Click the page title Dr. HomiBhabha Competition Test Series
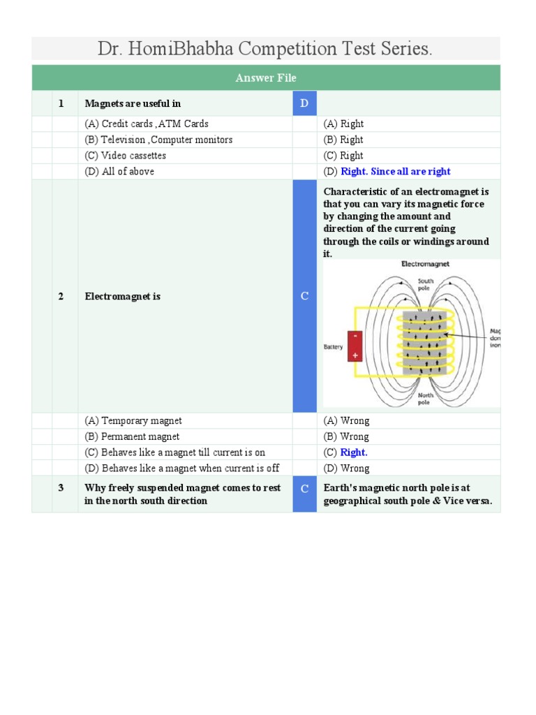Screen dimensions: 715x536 (x=265, y=49)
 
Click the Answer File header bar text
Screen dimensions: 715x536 (x=265, y=78)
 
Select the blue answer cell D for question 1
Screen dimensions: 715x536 (x=304, y=103)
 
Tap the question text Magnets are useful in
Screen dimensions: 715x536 (x=133, y=103)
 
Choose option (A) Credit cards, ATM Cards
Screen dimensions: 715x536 (x=147, y=124)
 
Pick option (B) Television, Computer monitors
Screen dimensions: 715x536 (x=158, y=140)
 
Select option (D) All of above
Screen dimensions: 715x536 (x=119, y=171)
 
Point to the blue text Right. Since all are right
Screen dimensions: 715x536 (x=395, y=171)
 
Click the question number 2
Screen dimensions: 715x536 (x=61, y=296)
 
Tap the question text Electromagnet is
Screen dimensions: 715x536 (x=123, y=296)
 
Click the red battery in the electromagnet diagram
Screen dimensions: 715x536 (x=355, y=346)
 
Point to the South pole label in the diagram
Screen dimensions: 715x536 (x=426, y=284)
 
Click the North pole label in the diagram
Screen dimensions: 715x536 (x=426, y=399)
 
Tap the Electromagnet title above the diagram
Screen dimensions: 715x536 (x=425, y=265)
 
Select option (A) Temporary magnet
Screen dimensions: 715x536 (x=133, y=421)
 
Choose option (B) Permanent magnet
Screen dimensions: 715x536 (x=132, y=436)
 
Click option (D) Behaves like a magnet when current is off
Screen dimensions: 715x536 (x=181, y=468)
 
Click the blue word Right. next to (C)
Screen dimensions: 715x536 (x=354, y=452)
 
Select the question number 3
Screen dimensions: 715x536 (x=61, y=488)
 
